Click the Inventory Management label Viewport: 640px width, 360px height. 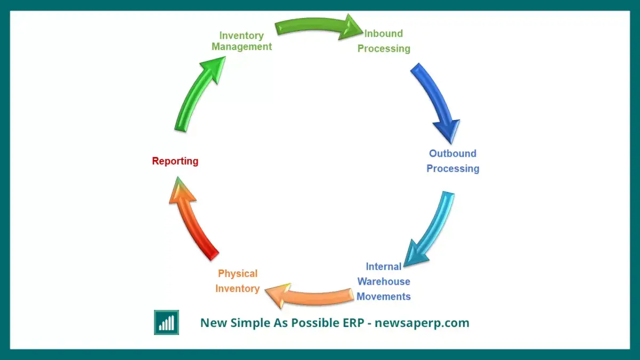pyautogui.click(x=242, y=41)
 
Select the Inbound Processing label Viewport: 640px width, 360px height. pyautogui.click(x=383, y=41)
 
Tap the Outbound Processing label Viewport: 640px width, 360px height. pyautogui.click(x=453, y=161)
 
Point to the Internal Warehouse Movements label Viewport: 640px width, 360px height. pyautogui.click(x=383, y=282)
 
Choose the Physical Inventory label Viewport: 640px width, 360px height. pyautogui.click(x=237, y=281)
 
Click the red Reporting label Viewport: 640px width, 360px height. pyautogui.click(x=175, y=161)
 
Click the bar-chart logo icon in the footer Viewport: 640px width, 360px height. pyautogui.click(x=166, y=322)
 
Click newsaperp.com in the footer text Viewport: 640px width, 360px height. pyautogui.click(x=422, y=323)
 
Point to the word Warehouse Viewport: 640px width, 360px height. pyautogui.click(x=383, y=282)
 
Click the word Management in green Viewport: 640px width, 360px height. pyautogui.click(x=242, y=46)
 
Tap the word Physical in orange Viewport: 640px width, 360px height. pyautogui.click(x=238, y=274)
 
